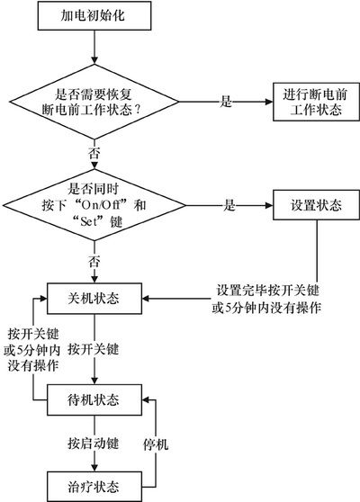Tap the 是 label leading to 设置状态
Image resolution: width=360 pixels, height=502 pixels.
(229, 205)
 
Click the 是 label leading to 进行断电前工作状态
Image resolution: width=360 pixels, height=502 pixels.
(226, 102)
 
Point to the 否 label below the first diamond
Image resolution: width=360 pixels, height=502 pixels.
(94, 153)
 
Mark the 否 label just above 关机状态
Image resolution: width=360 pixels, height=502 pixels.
(94, 262)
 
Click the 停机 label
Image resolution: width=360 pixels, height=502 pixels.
(156, 444)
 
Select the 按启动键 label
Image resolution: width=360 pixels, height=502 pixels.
(94, 444)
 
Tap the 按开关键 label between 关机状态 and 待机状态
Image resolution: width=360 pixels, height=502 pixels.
(94, 349)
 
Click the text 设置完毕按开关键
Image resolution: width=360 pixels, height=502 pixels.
(267, 291)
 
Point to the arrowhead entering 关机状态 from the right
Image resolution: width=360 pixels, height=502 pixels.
(146, 299)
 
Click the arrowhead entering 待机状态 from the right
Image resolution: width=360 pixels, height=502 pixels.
(146, 399)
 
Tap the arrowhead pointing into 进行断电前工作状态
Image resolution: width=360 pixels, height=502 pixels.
(269, 102)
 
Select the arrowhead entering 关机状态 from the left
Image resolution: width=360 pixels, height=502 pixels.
(43, 299)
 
